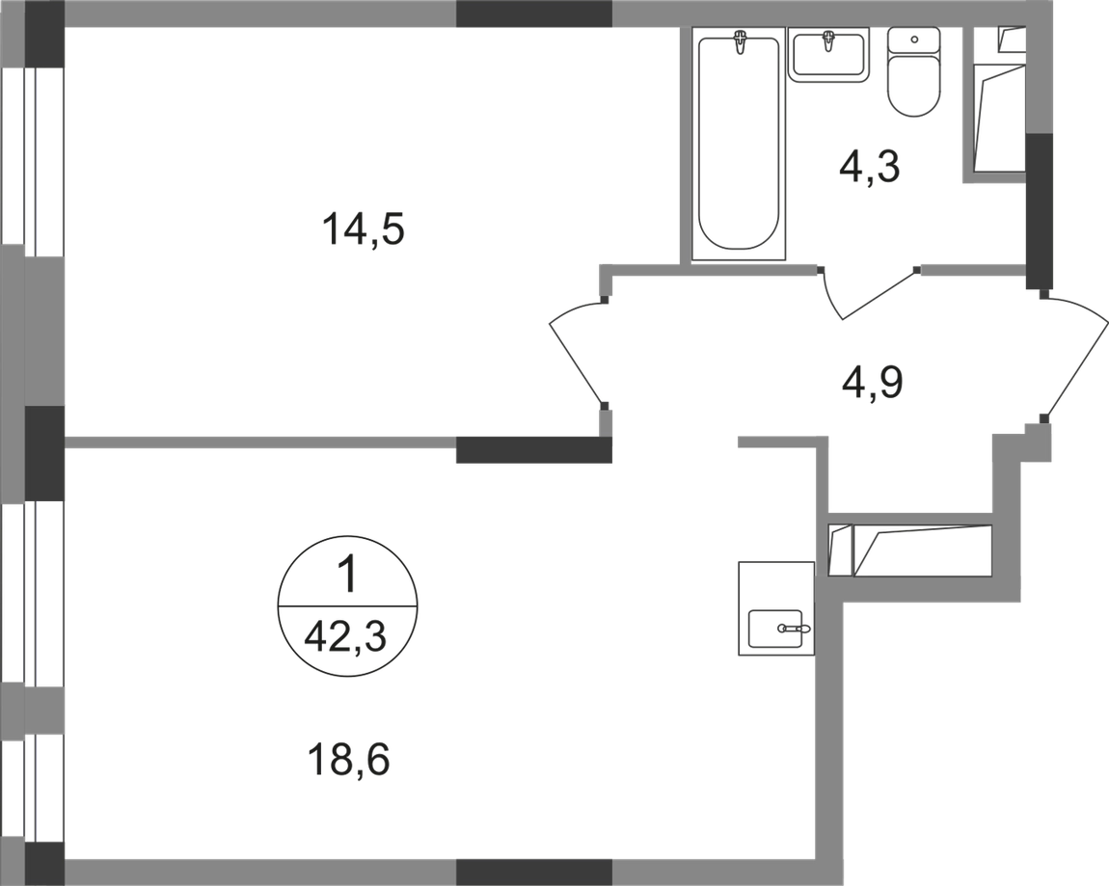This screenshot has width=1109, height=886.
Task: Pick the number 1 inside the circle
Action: [x=347, y=577]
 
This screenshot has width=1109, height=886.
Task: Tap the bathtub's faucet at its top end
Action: [x=740, y=42]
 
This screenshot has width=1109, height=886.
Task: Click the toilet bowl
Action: [x=913, y=87]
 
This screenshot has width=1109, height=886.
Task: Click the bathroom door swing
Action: [x=868, y=294]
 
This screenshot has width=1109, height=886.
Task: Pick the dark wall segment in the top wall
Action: [x=533, y=13]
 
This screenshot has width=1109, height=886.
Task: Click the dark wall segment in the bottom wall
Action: [x=533, y=871]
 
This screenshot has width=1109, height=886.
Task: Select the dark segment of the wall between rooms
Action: [x=533, y=451]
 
